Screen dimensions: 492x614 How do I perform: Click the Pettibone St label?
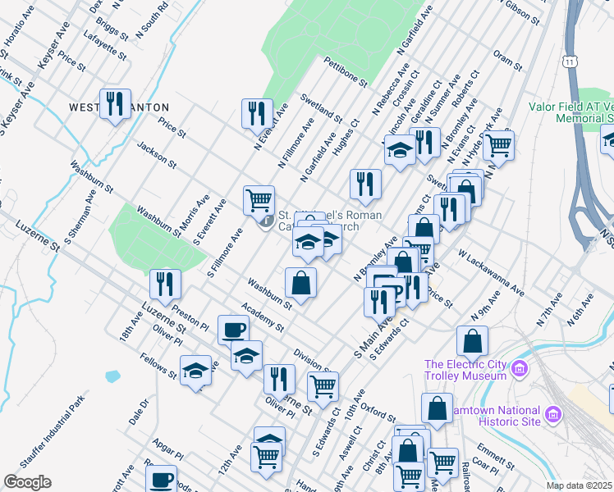(x=345, y=72)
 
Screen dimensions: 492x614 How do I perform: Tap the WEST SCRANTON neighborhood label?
(x=120, y=107)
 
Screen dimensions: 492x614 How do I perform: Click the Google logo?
(x=27, y=482)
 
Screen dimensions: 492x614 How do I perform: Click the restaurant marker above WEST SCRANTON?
(x=115, y=103)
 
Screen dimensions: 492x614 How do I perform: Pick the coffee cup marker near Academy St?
(x=233, y=330)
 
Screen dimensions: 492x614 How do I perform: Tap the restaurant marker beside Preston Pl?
(x=165, y=284)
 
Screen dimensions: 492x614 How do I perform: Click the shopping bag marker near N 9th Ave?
(x=472, y=340)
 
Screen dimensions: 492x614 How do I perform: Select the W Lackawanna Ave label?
(x=491, y=274)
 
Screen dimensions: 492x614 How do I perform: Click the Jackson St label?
(x=157, y=153)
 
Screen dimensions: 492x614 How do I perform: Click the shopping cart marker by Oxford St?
(x=323, y=385)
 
